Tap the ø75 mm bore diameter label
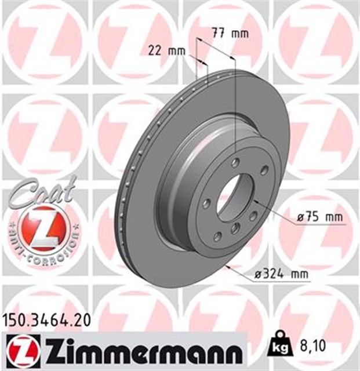tap(317, 216)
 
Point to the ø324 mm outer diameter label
tap(280, 274)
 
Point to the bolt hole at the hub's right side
tap(264, 170)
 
